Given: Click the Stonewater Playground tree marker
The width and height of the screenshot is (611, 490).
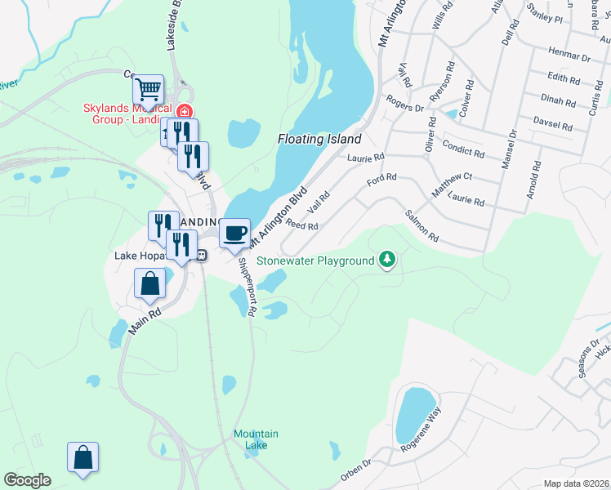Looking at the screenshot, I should coord(388,261).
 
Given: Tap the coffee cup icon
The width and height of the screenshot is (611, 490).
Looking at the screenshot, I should coord(235,233).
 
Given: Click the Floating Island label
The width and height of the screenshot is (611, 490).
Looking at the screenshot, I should coord(319,140).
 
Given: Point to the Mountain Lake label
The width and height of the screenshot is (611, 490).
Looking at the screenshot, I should coord(256,439).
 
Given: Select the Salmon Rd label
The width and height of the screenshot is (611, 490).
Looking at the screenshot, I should coord(422,227).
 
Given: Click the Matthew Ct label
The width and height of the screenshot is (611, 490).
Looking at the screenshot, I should coord(453,185).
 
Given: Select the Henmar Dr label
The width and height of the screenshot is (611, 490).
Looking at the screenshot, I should coord(570,56).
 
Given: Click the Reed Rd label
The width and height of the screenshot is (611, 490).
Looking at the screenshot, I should coord(300,225).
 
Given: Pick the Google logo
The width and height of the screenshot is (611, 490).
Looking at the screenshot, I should coord(27,480).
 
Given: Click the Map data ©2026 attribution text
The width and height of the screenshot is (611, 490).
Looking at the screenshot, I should coord(576,483).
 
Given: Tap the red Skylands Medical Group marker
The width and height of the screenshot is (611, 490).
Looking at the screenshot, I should coord(185,111).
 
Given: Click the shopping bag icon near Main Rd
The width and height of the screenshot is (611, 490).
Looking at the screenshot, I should coord(149,285).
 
